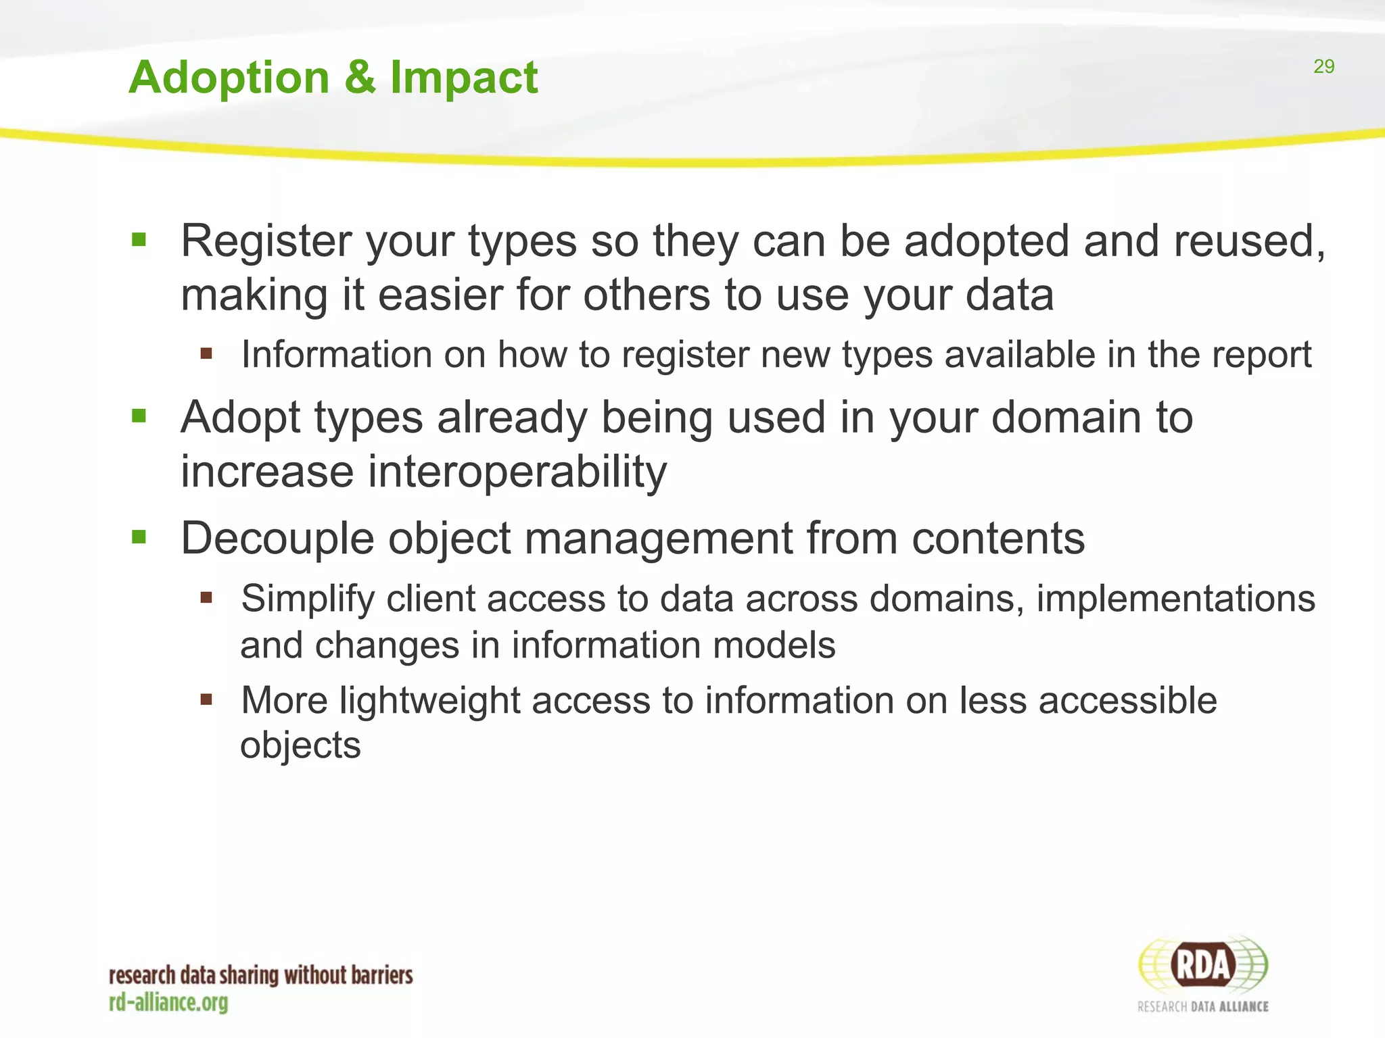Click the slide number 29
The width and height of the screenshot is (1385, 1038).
[x=1323, y=66]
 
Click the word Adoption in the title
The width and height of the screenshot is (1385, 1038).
[x=229, y=78]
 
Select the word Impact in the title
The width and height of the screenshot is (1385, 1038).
[x=464, y=78]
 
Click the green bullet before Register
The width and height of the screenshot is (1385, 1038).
[x=139, y=239]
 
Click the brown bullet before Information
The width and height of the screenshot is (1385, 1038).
[x=206, y=353]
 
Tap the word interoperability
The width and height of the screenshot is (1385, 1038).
[x=517, y=472]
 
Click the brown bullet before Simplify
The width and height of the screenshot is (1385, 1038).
[x=206, y=597]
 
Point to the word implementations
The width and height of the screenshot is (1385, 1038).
[x=1175, y=599]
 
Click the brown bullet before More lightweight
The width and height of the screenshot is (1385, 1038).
[x=206, y=699]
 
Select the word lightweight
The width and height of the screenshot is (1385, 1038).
[x=429, y=700]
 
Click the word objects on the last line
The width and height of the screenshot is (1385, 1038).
[x=300, y=745]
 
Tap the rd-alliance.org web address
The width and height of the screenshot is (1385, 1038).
[x=168, y=1002]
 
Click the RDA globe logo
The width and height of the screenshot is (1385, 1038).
[x=1203, y=966]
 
